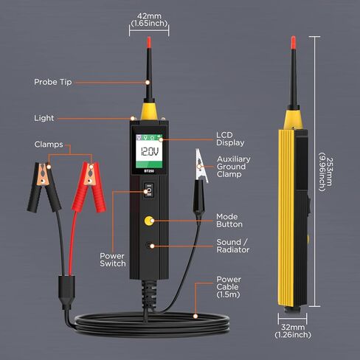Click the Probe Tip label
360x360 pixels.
pyautogui.click(x=53, y=82)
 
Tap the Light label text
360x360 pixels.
pyautogui.click(x=44, y=118)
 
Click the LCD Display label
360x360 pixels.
pyautogui.click(x=229, y=139)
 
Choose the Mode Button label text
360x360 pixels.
pyautogui.click(x=229, y=220)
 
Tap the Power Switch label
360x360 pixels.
pyautogui.click(x=112, y=260)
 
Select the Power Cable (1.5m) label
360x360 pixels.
pyautogui.click(x=229, y=285)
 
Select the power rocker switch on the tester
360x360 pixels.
pyautogui.click(x=149, y=190)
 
